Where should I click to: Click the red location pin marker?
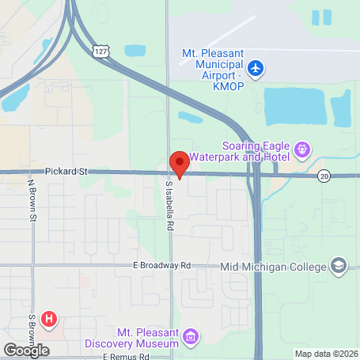(180, 164)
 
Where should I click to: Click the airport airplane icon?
(255, 68)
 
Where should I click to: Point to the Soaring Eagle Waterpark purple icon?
(301, 149)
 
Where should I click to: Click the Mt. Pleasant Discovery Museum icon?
(190, 338)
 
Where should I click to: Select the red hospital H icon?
(50, 319)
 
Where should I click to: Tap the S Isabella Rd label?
(169, 205)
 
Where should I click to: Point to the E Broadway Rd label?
(161, 266)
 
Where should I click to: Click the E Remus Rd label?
(127, 357)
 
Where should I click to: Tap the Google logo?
(25, 351)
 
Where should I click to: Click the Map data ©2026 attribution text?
(325, 354)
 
